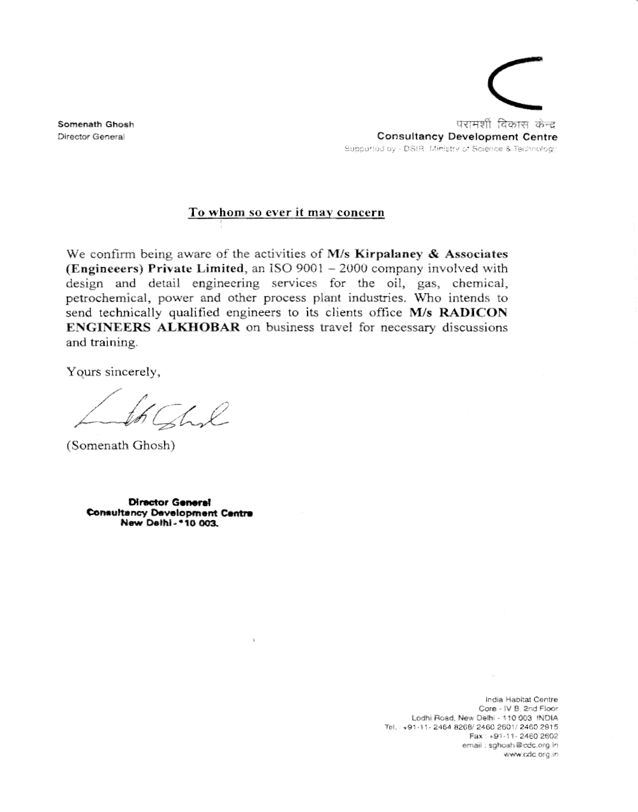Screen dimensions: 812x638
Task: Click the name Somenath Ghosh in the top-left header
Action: tap(96, 124)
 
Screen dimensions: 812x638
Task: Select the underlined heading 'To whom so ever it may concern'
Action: tap(286, 212)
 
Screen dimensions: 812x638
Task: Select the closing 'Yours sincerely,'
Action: tap(114, 372)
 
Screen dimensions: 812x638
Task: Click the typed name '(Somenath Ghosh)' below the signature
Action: tap(121, 446)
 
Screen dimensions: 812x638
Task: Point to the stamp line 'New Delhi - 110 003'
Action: tap(169, 523)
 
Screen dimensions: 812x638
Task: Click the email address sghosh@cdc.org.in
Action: tap(523, 744)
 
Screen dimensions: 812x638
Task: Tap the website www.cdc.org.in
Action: tap(531, 755)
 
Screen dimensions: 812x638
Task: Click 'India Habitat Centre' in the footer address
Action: tap(521, 699)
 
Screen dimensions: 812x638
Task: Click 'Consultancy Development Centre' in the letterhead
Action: tap(467, 136)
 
